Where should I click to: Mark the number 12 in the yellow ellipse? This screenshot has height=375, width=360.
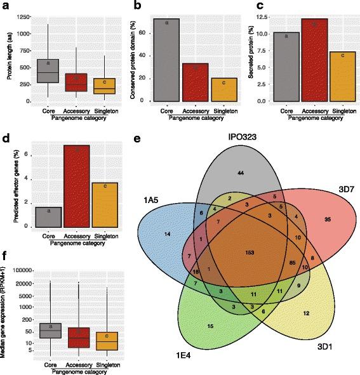tap(306, 313)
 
